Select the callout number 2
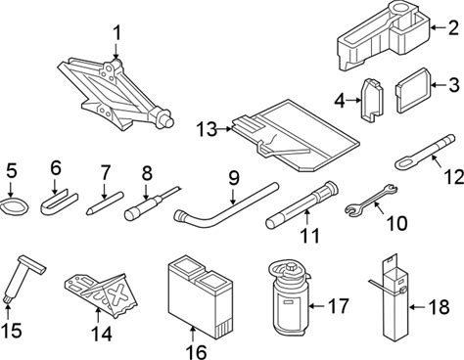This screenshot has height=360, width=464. (453, 27)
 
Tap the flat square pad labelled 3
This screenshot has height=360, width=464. (414, 91)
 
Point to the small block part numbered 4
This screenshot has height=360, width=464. (372, 100)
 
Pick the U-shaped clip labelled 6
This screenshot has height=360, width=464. (59, 202)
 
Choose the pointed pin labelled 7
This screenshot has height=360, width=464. (105, 202)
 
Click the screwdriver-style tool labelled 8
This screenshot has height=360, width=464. (152, 203)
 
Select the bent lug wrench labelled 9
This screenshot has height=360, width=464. (225, 207)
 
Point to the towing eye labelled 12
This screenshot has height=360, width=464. (424, 153)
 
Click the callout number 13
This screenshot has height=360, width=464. (207, 129)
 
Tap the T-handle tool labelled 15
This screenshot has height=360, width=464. (23, 280)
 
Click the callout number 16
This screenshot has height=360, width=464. (196, 352)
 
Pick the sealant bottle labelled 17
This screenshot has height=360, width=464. (288, 295)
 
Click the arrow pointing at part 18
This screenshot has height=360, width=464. (417, 307)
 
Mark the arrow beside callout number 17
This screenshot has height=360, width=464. (317, 306)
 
